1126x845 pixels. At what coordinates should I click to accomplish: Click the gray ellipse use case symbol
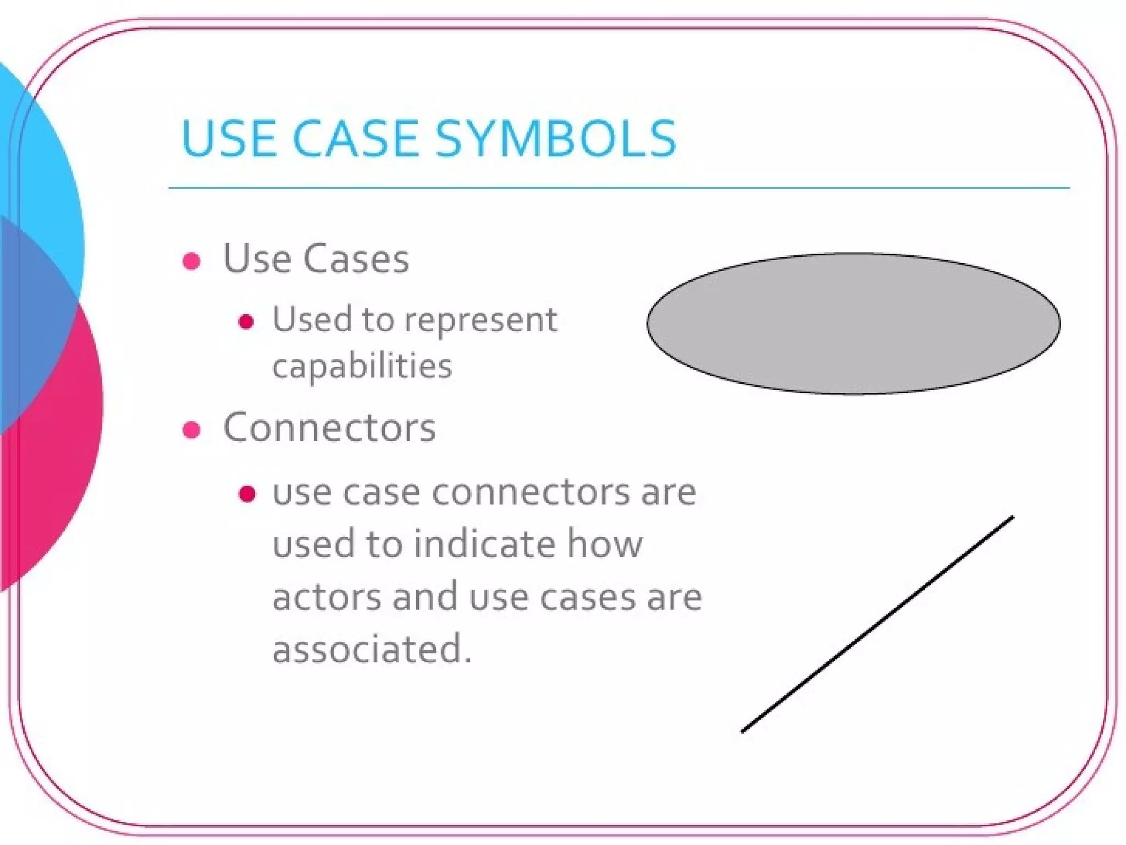853,323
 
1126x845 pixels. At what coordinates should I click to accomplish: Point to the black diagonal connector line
877,624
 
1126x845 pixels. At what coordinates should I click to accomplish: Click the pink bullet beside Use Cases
191,261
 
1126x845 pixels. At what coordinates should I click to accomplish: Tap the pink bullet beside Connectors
191,430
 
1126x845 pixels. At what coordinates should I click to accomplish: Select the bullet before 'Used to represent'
246,321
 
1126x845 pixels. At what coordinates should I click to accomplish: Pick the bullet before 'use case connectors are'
247,493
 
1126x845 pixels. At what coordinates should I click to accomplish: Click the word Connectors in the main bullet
329,427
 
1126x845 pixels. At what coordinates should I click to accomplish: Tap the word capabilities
362,366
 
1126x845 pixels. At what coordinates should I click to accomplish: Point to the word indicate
484,544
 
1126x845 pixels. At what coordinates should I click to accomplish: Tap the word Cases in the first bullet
356,259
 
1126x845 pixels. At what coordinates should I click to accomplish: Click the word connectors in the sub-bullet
531,492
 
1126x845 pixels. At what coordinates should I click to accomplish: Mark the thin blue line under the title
619,188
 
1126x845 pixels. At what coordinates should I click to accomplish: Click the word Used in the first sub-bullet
312,320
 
